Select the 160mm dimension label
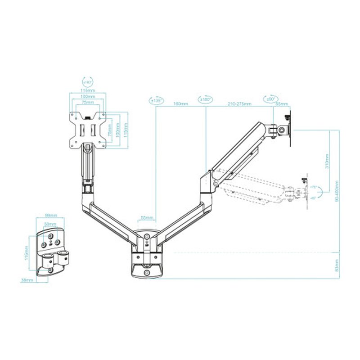point(180,104)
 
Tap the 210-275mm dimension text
point(239,104)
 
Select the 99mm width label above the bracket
point(50,216)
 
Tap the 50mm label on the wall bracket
point(50,224)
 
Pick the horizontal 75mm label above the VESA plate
point(88,102)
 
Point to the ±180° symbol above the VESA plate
point(87,82)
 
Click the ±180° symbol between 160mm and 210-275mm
point(206,99)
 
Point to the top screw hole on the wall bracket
point(50,233)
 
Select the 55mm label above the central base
point(146,218)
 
